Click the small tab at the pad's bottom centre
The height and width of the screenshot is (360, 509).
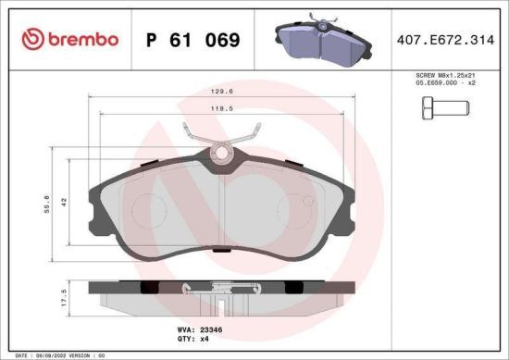pyautogui.click(x=220, y=248)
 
